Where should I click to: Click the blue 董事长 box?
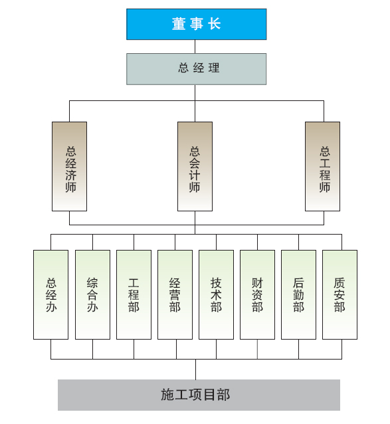tap(197, 25)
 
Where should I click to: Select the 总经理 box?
tap(197, 69)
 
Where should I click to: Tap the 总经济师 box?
tap(70, 166)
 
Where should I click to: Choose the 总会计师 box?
tap(195, 166)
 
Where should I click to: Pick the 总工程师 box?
tap(322, 166)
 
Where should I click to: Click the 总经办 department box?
tap(50, 294)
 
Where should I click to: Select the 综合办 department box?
tap(93, 294)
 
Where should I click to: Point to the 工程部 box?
tap(134, 294)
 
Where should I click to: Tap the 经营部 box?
tap(175, 294)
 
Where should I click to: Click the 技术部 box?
tap(216, 294)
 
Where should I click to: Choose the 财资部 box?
tap(257, 294)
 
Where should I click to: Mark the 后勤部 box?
tap(299, 294)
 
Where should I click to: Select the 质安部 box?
tap(340, 294)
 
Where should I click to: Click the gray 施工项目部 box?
tap(199, 395)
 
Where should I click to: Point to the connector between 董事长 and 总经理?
tap(195, 47)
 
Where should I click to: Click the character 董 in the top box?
tap(179, 24)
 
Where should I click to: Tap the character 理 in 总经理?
tap(214, 68)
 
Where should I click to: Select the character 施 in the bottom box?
tap(167, 395)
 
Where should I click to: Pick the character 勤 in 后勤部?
tap(299, 295)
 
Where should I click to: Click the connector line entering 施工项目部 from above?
tap(196, 370)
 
